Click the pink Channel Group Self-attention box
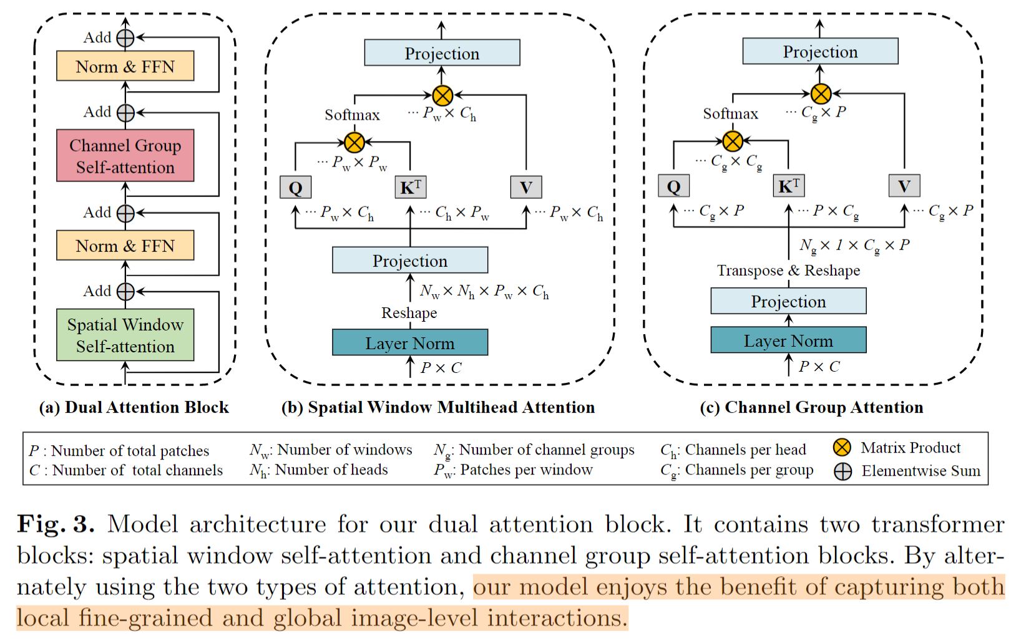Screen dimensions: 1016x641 click(x=125, y=155)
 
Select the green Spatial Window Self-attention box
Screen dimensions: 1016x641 click(x=125, y=335)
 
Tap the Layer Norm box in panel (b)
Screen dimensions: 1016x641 click(x=410, y=342)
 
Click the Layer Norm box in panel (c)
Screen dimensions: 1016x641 click(x=788, y=340)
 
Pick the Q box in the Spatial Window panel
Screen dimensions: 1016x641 click(x=296, y=187)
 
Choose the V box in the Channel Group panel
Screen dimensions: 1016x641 click(x=904, y=185)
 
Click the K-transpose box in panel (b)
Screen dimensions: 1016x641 click(x=411, y=187)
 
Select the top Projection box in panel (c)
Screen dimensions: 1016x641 click(x=820, y=51)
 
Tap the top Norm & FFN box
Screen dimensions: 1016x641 click(x=125, y=66)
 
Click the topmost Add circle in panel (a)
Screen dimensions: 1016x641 click(x=125, y=38)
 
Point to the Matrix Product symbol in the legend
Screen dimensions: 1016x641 click(x=842, y=448)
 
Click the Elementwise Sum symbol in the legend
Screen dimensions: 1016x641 click(x=843, y=471)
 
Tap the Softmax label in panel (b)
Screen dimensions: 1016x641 click(x=352, y=115)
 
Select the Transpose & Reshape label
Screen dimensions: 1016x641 click(x=788, y=270)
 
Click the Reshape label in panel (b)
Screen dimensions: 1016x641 click(x=409, y=313)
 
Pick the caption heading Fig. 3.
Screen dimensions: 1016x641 click(x=56, y=524)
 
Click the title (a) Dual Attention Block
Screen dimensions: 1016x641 click(x=134, y=407)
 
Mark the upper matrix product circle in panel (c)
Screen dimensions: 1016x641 click(x=821, y=94)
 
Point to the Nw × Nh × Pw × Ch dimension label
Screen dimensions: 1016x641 click(x=484, y=291)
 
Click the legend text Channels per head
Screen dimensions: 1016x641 click(x=746, y=449)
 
